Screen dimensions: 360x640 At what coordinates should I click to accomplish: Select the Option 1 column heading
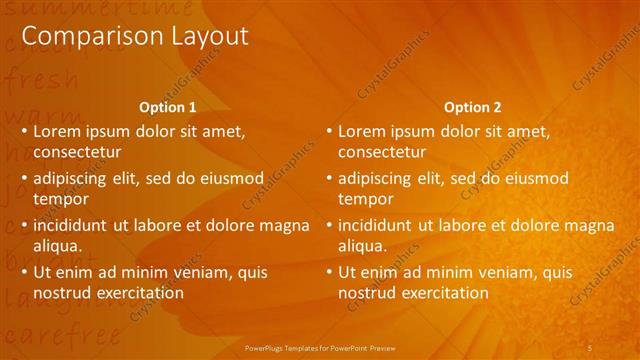point(167,107)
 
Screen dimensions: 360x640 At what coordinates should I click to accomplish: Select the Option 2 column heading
point(472,107)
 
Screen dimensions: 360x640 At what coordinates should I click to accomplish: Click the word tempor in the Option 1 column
point(59,199)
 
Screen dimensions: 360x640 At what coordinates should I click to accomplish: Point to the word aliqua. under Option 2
point(362,246)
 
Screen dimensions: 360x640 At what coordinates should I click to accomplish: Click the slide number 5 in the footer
point(591,347)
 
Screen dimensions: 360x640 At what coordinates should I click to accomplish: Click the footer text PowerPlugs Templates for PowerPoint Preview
point(320,347)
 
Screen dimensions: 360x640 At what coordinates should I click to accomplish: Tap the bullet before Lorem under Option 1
point(24,131)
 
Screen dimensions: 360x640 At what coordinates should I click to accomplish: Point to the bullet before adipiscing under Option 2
point(329,178)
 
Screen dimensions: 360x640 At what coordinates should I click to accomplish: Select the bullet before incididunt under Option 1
point(24,225)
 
